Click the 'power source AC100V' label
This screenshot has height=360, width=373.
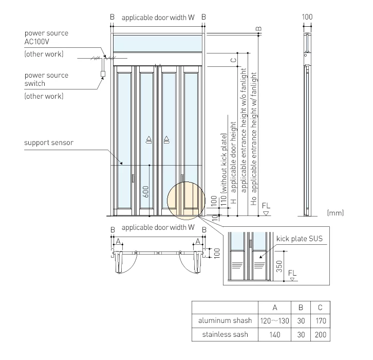46,38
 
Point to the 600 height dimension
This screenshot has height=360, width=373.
146,192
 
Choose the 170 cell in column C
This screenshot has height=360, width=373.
321,321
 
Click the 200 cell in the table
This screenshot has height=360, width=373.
321,335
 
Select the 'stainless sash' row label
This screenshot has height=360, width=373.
225,335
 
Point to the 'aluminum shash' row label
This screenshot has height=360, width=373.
225,321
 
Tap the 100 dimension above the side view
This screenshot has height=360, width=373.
307,17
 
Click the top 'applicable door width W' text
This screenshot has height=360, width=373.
158,17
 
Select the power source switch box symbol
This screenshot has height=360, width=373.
102,74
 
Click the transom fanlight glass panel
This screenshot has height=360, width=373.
158,43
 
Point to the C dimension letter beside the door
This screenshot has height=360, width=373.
233,60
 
